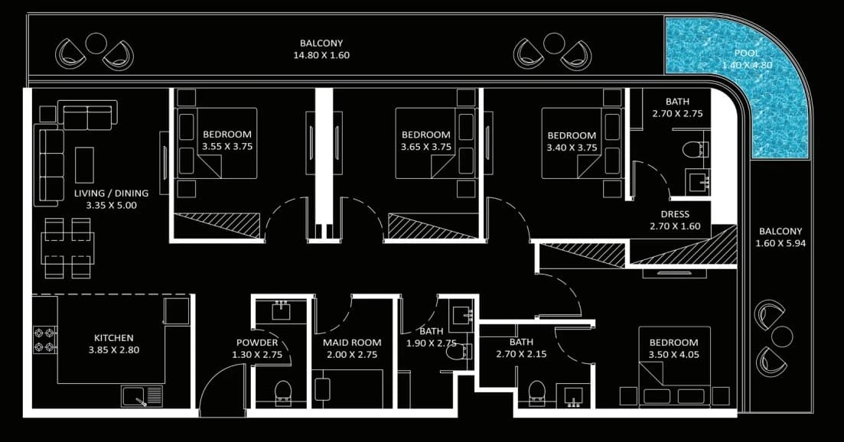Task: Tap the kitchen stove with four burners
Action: click(45, 340)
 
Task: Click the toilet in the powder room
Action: click(282, 392)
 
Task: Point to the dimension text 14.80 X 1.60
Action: click(321, 55)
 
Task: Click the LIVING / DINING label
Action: click(112, 193)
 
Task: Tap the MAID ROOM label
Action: click(352, 343)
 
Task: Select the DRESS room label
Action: click(675, 214)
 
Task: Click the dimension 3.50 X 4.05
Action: click(674, 355)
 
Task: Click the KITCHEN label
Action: click(113, 338)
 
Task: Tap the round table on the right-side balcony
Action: click(781, 336)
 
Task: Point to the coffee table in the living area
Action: click(84, 164)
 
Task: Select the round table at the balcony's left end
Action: click(96, 43)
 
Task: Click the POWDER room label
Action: click(257, 343)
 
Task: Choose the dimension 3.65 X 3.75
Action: click(426, 147)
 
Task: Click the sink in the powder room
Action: click(281, 310)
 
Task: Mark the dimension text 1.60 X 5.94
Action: click(780, 243)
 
